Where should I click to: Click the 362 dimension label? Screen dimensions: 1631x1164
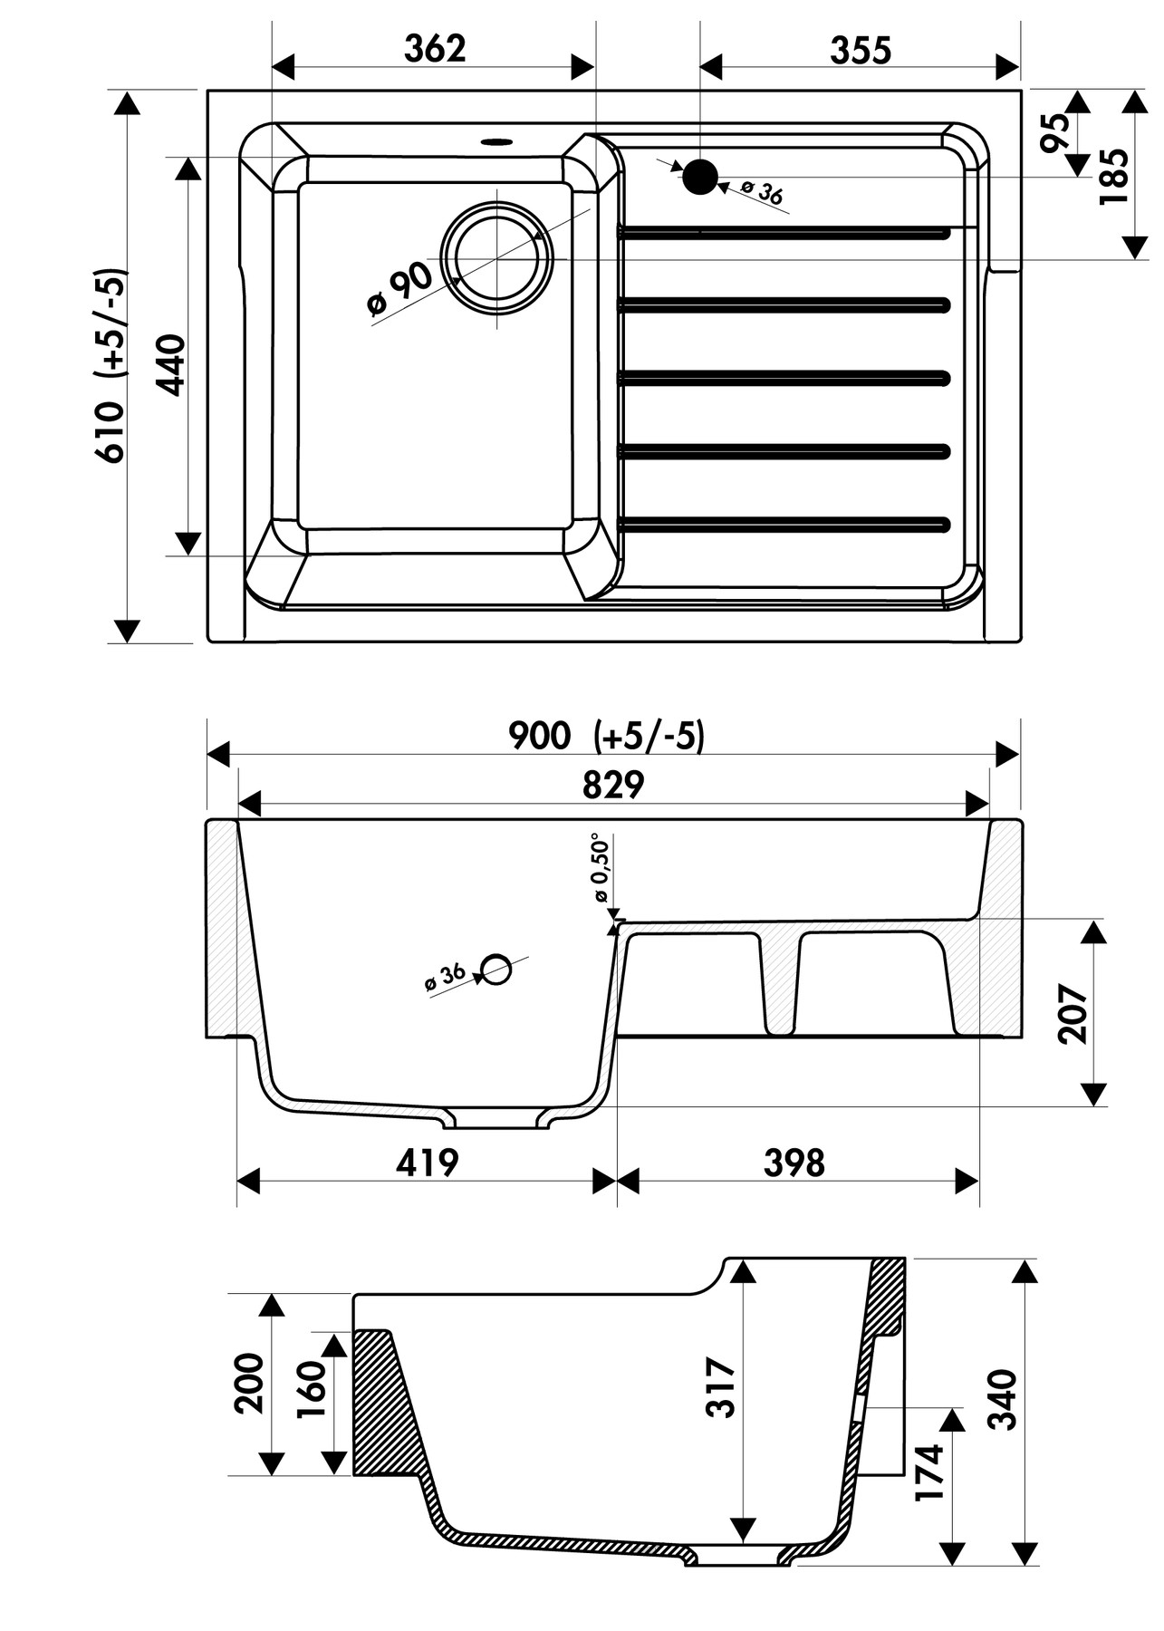coord(435,49)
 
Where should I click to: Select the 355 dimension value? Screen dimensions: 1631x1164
coord(861,51)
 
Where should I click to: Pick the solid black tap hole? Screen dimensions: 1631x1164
coord(699,177)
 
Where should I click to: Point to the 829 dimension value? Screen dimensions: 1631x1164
coord(612,785)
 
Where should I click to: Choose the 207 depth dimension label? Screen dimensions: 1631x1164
coord(1073,1014)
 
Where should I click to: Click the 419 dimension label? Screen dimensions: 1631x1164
coord(427,1163)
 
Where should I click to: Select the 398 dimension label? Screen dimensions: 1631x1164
coord(794,1163)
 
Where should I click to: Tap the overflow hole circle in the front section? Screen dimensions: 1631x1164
coord(495,970)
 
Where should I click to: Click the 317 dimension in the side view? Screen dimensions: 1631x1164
coord(721,1385)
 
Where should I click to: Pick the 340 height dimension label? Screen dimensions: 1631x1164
coord(1003,1399)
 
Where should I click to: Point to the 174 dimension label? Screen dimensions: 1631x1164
coord(929,1472)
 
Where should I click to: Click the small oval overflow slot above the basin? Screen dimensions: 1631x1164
coord(496,141)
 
